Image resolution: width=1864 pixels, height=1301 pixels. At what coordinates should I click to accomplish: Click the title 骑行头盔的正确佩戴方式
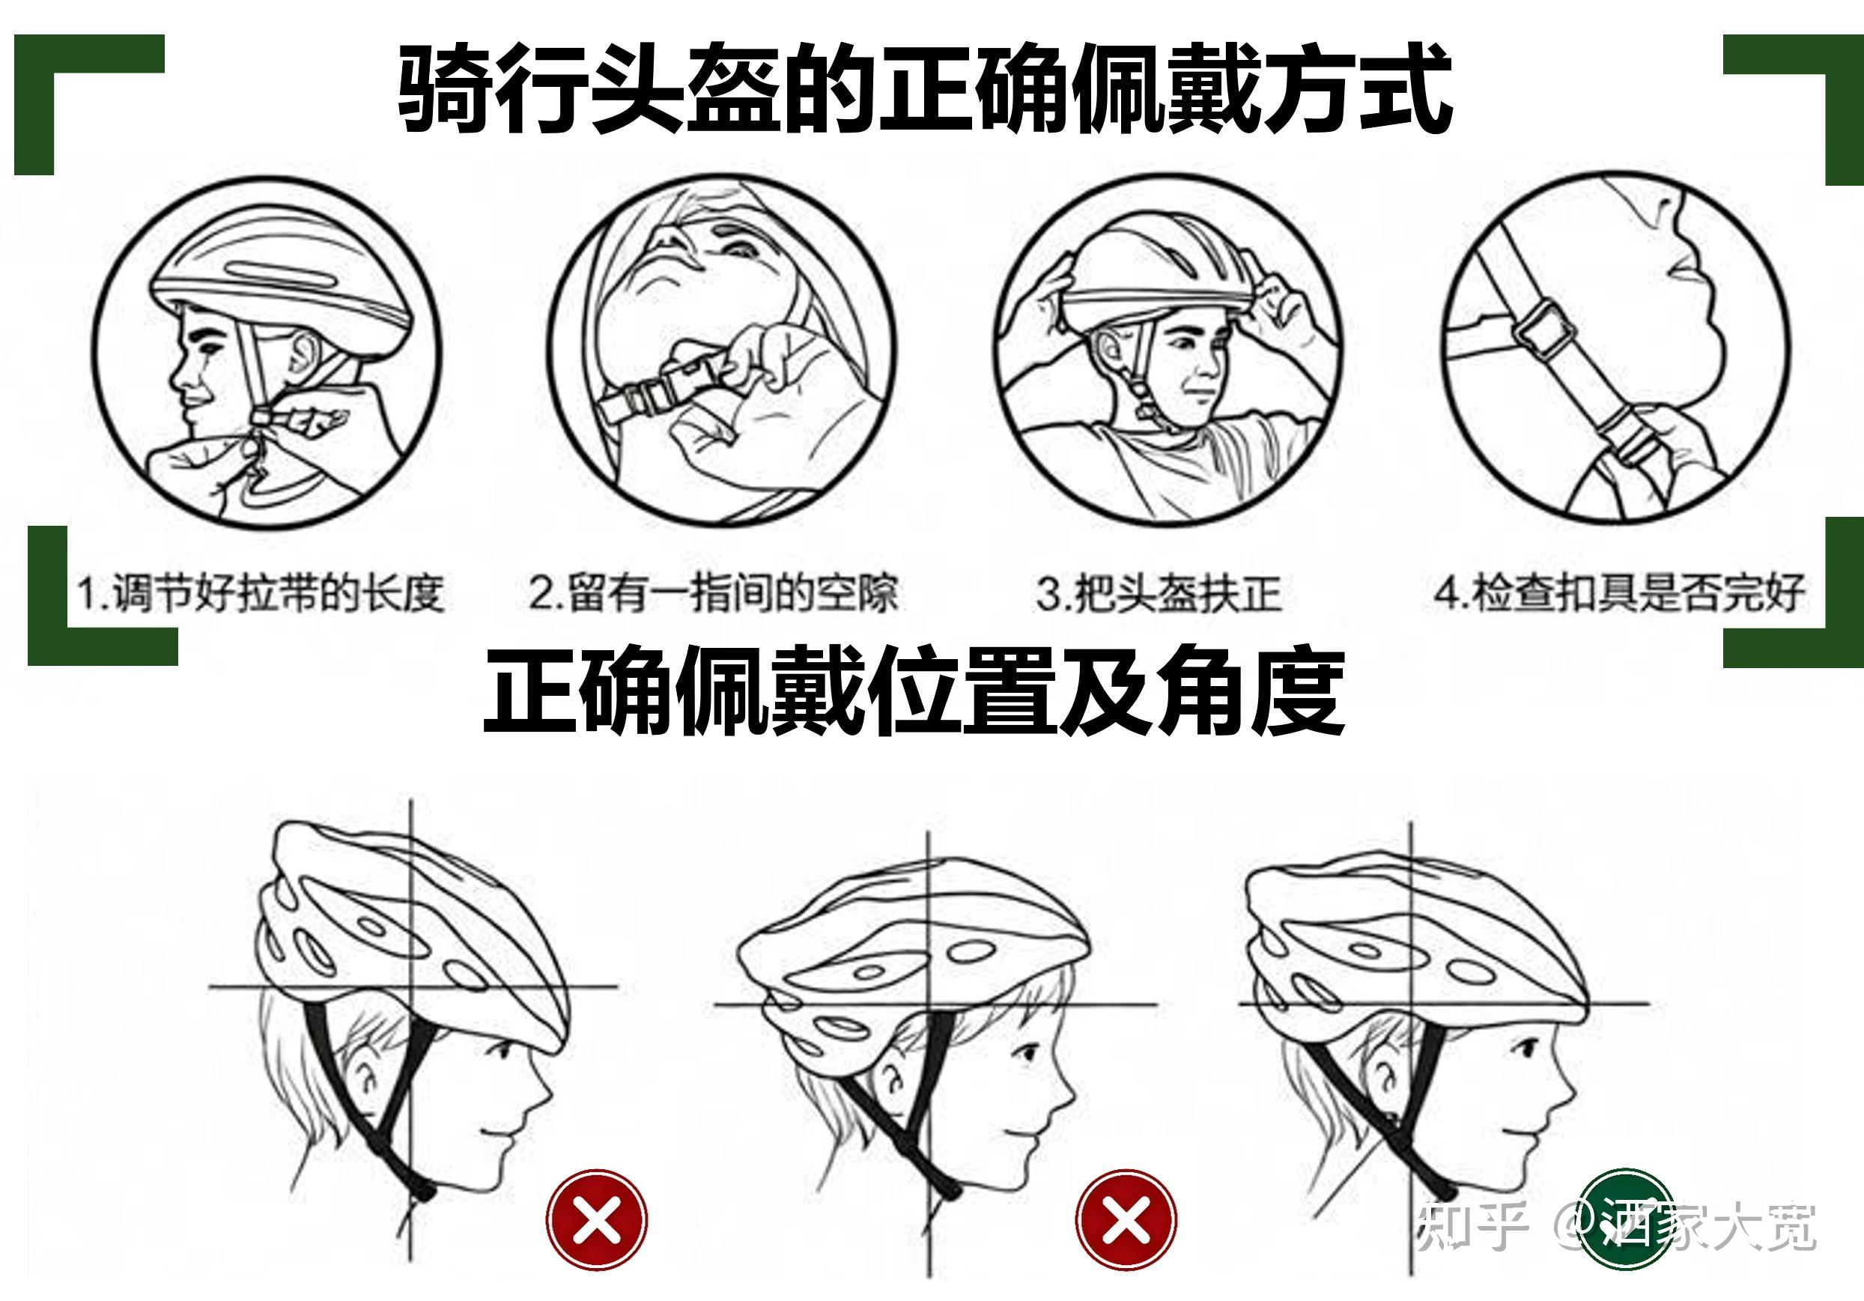tap(925, 89)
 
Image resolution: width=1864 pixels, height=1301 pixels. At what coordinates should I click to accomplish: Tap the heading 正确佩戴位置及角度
tap(914, 691)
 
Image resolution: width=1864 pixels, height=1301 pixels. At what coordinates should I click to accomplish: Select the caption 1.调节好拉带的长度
tap(261, 593)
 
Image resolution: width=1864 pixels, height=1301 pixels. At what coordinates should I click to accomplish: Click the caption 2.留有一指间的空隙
tap(714, 593)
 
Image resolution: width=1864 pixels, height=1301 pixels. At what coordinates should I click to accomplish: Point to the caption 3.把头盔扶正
tap(1159, 593)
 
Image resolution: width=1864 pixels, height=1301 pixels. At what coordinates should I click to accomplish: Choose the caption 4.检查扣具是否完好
tap(1620, 593)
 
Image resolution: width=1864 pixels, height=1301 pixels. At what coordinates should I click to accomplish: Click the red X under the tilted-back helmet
tap(597, 1220)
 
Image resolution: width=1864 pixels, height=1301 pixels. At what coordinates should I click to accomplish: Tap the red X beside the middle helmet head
tap(1126, 1220)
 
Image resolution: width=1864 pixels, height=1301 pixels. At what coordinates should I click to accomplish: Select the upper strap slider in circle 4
tap(1543, 329)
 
